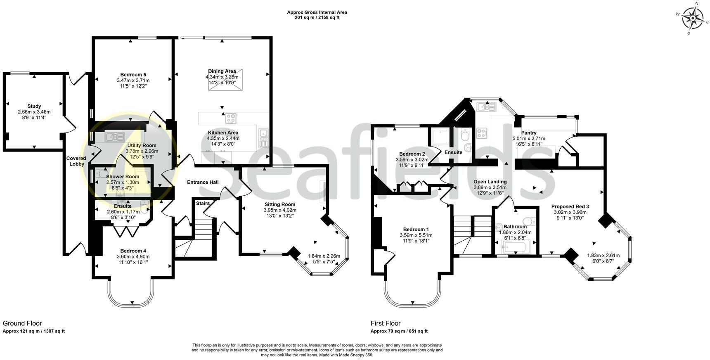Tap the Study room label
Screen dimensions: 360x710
click(34, 106)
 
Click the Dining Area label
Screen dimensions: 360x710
click(222, 71)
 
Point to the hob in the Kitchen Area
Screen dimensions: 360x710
click(231, 119)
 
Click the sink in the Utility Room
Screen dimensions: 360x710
click(114, 137)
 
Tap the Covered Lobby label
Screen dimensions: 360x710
click(76, 161)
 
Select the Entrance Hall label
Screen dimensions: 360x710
click(203, 182)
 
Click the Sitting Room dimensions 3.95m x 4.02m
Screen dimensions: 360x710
click(280, 210)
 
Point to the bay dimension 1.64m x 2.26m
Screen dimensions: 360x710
click(324, 256)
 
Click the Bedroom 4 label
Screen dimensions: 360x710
click(133, 251)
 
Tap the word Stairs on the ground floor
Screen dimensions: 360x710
click(203, 204)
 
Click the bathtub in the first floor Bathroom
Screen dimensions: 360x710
click(513, 248)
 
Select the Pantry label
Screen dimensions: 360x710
click(528, 133)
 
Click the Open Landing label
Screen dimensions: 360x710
click(490, 182)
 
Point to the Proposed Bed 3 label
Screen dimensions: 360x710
click(570, 206)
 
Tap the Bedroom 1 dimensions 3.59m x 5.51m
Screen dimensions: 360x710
click(416, 235)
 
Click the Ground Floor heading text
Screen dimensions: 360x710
click(22, 323)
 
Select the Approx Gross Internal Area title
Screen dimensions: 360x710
click(317, 12)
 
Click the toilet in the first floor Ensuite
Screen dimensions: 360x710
click(465, 135)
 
